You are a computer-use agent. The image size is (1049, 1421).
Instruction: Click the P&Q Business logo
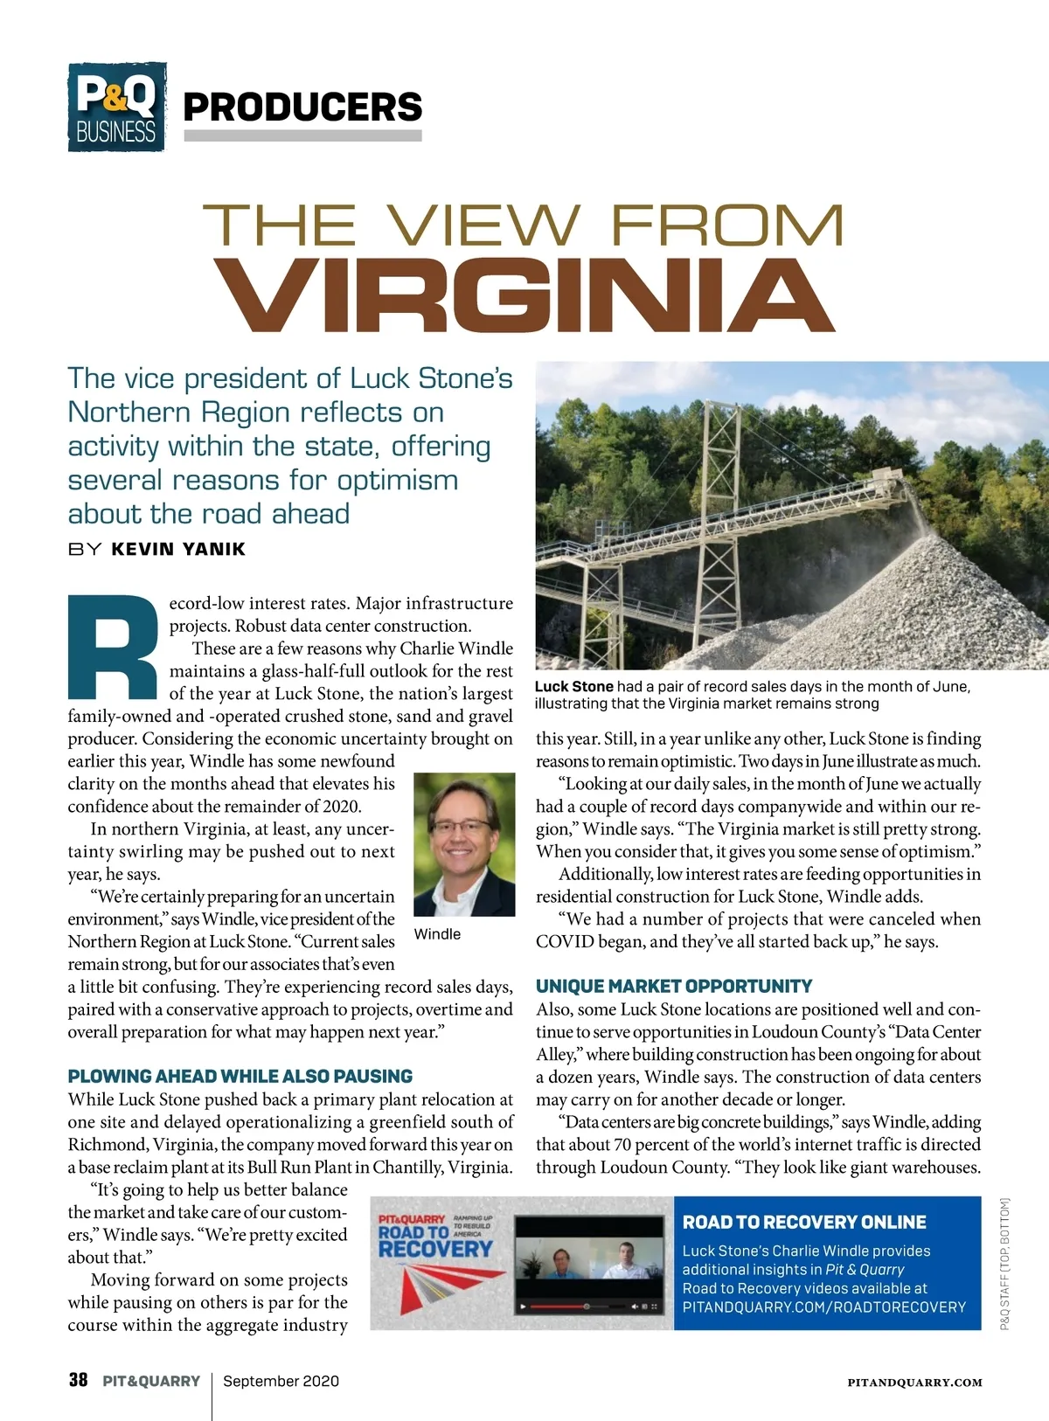pos(116,107)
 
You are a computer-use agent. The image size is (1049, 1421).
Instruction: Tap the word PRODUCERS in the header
pos(302,107)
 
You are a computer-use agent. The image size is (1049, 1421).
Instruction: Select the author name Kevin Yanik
pos(178,549)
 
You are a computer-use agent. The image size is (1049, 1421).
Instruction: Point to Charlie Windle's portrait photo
pos(463,844)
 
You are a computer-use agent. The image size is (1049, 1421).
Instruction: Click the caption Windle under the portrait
pos(437,934)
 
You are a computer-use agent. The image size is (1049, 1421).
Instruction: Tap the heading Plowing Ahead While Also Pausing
pos(240,1076)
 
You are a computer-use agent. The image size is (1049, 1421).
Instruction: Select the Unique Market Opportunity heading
pos(674,986)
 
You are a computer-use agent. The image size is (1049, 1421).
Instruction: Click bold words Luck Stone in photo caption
pos(573,687)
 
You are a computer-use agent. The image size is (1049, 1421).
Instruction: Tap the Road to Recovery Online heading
pos(804,1222)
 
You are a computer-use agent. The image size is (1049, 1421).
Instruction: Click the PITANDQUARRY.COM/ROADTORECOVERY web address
pos(824,1307)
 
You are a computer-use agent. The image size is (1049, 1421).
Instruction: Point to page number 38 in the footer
pos(78,1380)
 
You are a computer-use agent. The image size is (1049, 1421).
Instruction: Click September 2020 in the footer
pos(281,1381)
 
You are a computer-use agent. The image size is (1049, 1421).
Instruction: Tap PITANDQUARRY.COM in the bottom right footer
pos(914,1383)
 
